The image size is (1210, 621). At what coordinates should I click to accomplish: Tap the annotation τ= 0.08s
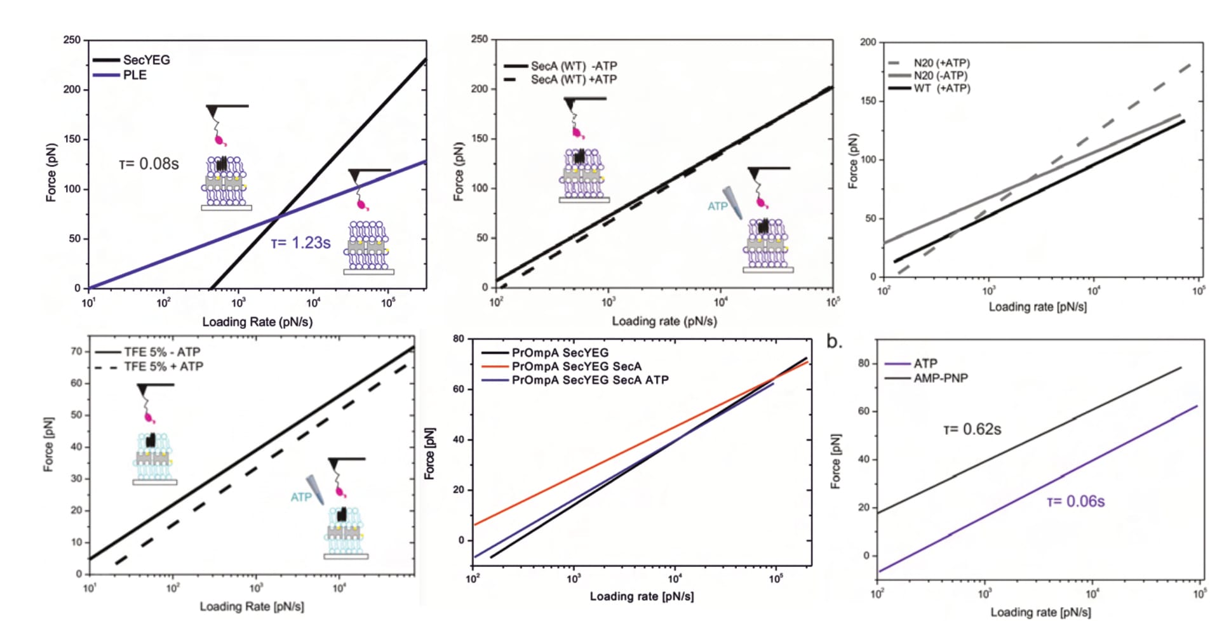click(x=149, y=164)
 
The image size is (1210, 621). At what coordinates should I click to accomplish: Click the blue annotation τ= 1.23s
click(x=300, y=243)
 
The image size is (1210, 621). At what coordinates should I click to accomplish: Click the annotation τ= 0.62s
click(x=972, y=430)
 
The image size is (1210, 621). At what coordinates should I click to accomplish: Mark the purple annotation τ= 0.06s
click(x=1076, y=502)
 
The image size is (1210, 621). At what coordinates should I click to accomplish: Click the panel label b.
click(x=834, y=342)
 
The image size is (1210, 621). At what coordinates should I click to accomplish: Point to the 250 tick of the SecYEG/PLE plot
click(x=72, y=40)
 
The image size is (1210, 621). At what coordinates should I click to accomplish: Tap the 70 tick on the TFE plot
click(x=76, y=351)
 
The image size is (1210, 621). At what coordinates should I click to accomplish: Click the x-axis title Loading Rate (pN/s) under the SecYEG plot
click(x=257, y=322)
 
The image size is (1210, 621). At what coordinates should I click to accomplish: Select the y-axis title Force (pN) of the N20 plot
click(x=853, y=161)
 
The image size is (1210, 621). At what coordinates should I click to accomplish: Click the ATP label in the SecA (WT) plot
click(x=717, y=206)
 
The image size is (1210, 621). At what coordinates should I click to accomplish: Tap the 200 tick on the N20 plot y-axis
click(x=868, y=43)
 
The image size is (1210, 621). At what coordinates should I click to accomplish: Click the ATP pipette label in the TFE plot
click(x=301, y=497)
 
